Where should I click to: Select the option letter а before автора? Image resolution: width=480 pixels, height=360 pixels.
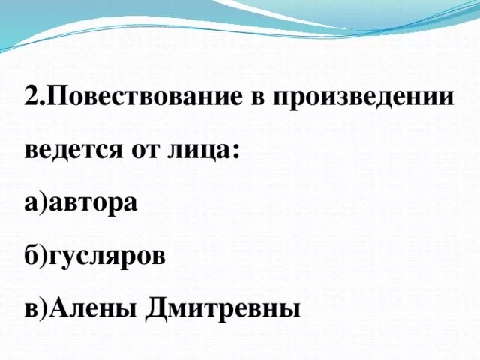click(x=30, y=203)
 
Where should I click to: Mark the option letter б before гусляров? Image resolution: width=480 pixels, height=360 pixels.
click(x=30, y=254)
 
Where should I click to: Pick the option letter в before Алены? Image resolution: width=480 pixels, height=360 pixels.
click(x=30, y=307)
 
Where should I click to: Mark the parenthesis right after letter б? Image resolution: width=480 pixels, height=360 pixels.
click(x=41, y=255)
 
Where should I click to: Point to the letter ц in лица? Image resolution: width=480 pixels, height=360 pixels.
click(x=206, y=152)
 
